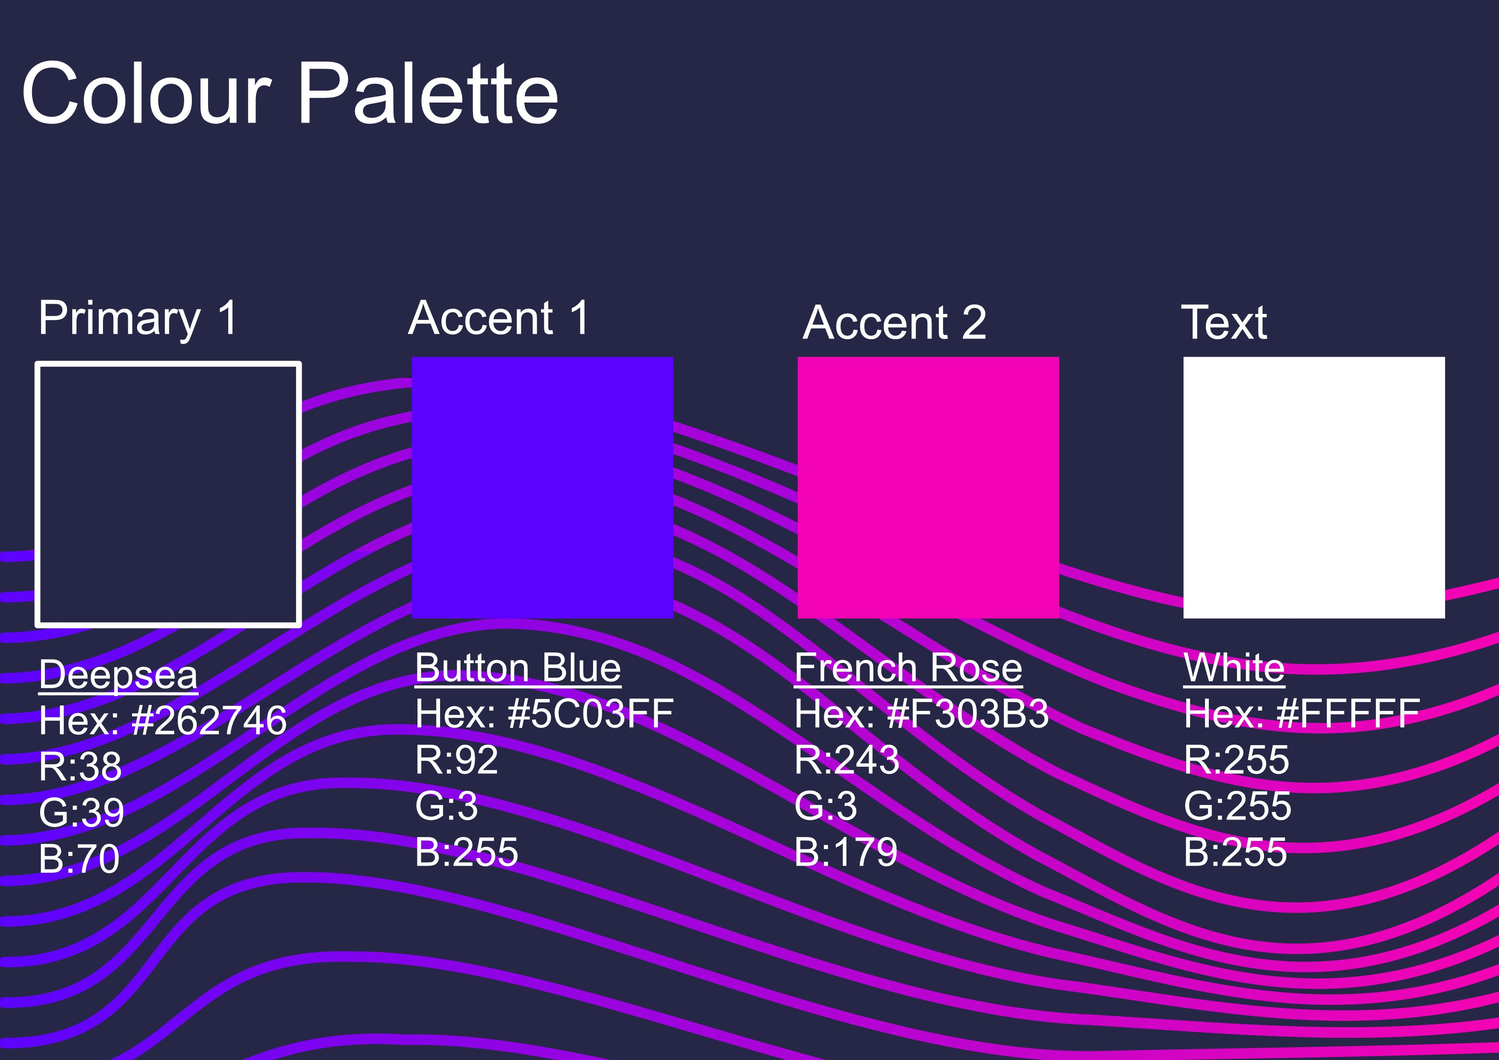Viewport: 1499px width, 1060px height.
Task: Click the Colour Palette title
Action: (x=290, y=93)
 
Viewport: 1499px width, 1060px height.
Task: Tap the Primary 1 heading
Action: (x=138, y=319)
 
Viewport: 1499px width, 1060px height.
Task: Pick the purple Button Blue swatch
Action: (x=543, y=487)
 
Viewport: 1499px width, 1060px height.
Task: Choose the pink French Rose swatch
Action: (x=929, y=487)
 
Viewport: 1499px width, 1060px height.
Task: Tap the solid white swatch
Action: (x=1314, y=487)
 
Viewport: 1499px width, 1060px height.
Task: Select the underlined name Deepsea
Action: (x=118, y=674)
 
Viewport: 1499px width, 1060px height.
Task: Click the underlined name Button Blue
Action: (x=518, y=668)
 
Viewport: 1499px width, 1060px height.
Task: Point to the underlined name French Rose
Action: (x=908, y=668)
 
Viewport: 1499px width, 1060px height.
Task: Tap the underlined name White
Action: (x=1234, y=668)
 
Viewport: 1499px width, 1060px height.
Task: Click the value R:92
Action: (x=456, y=760)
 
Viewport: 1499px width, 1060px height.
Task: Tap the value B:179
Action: (x=846, y=852)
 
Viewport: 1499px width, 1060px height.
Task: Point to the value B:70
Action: (x=79, y=858)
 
